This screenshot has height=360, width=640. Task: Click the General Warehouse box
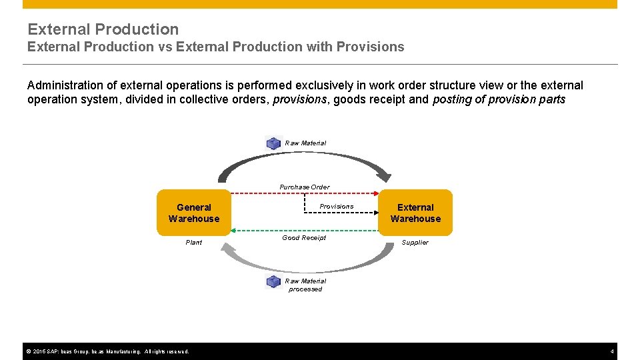click(193, 213)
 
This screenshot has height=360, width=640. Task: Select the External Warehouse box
click(415, 213)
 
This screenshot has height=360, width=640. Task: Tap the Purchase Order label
click(304, 187)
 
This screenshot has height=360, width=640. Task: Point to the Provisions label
click(336, 207)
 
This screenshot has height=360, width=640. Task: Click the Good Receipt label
click(304, 238)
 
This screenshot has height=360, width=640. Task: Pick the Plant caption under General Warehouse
click(193, 243)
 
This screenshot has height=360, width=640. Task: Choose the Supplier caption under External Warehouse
click(415, 243)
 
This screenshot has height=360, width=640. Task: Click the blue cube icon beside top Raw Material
click(273, 143)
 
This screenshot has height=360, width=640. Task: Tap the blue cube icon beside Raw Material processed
click(273, 281)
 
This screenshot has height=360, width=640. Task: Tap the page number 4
click(611, 351)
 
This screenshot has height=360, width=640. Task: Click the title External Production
click(103, 29)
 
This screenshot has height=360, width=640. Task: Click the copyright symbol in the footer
click(28, 351)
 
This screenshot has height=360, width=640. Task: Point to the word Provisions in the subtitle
click(370, 47)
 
